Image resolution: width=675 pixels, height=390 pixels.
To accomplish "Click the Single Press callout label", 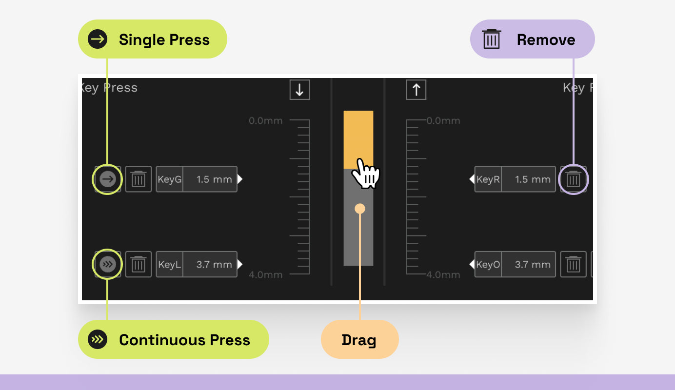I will click(153, 39).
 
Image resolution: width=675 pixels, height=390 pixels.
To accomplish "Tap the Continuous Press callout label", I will click(174, 340).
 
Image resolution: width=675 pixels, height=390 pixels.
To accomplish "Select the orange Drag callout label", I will click(359, 340).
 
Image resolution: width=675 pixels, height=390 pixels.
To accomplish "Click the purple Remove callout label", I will click(533, 39).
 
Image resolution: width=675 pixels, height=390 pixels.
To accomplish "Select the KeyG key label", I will click(170, 179).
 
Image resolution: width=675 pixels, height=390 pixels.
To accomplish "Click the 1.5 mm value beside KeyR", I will click(532, 179).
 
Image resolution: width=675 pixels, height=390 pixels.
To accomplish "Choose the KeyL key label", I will click(170, 265).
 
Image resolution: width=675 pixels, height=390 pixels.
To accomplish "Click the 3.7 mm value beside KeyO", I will click(532, 265).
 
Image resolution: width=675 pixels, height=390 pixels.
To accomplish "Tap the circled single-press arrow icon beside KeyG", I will click(107, 179).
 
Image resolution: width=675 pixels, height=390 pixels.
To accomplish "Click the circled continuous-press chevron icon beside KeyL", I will click(107, 265).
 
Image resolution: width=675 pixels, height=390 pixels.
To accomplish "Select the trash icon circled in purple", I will click(573, 179).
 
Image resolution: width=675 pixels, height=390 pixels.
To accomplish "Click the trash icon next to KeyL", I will click(139, 265).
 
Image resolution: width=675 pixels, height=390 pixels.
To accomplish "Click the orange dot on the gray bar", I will click(360, 209).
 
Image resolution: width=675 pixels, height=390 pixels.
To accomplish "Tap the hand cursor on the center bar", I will click(365, 174).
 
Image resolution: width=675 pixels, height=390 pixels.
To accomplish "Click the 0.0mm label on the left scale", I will click(265, 121).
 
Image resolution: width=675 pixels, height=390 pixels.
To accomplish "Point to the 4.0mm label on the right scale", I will click(443, 275).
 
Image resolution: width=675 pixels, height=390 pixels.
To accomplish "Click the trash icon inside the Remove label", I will click(491, 39).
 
